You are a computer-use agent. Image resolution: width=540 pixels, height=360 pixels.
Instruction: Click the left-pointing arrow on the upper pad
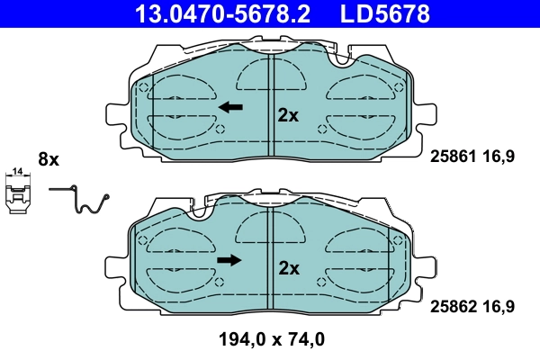(x=231, y=107)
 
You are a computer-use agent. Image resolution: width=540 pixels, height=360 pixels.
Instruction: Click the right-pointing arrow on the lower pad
(x=230, y=260)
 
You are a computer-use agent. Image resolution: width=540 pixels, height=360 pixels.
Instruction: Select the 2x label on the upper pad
(x=288, y=114)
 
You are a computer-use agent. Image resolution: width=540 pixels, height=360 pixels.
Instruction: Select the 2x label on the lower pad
(x=288, y=267)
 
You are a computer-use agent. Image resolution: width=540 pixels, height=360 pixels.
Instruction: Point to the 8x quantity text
(x=48, y=159)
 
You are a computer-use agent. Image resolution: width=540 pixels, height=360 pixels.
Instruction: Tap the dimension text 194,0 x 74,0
(x=270, y=340)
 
